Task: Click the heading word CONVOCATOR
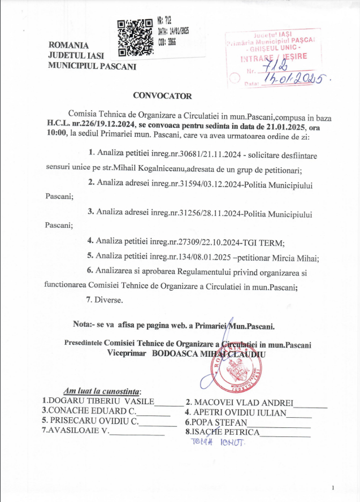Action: (x=162, y=96)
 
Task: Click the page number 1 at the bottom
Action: (x=334, y=487)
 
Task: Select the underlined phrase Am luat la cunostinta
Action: (x=101, y=391)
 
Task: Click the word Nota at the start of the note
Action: (x=83, y=326)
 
